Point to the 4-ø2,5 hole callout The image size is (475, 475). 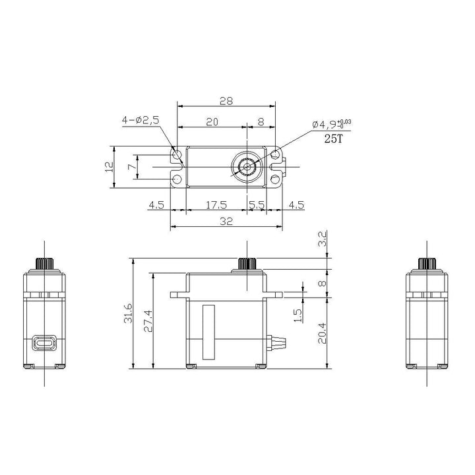[140, 119]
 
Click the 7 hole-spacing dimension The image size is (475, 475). [131, 167]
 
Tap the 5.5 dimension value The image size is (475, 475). [257, 205]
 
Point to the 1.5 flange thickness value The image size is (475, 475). [298, 316]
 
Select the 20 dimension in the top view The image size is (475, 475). [211, 121]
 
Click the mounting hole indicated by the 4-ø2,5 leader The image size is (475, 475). [177, 156]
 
